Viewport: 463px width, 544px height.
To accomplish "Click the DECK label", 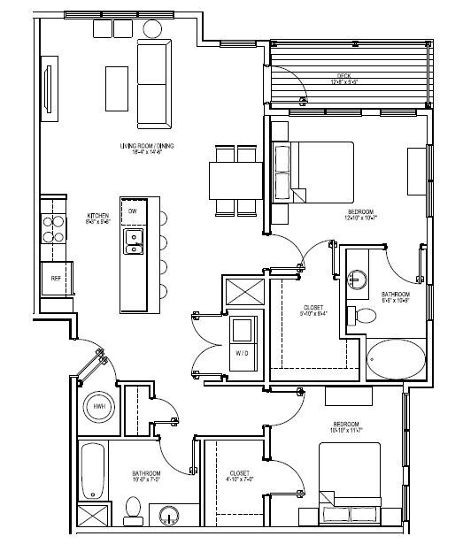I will pos(343,77).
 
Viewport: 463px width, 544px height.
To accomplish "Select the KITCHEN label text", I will pos(97,215).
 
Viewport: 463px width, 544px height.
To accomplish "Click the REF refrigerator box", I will pos(55,278).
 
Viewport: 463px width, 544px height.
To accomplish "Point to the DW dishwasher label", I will pos(132,212).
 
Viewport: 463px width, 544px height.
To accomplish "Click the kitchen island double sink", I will pos(135,241).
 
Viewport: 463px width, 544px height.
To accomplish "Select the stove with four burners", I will pos(53,228).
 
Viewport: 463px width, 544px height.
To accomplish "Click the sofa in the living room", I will pos(153,84).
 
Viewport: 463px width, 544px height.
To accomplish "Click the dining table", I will pos(235,181).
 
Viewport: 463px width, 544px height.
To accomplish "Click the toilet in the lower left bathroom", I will pos(134,508).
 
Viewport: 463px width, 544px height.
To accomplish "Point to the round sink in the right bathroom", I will pos(357,277).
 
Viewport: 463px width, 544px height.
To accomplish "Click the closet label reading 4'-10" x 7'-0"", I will pos(237,476).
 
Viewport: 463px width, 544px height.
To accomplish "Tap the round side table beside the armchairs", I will pos(151,27).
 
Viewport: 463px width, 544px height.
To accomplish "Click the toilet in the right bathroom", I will pos(362,315).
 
